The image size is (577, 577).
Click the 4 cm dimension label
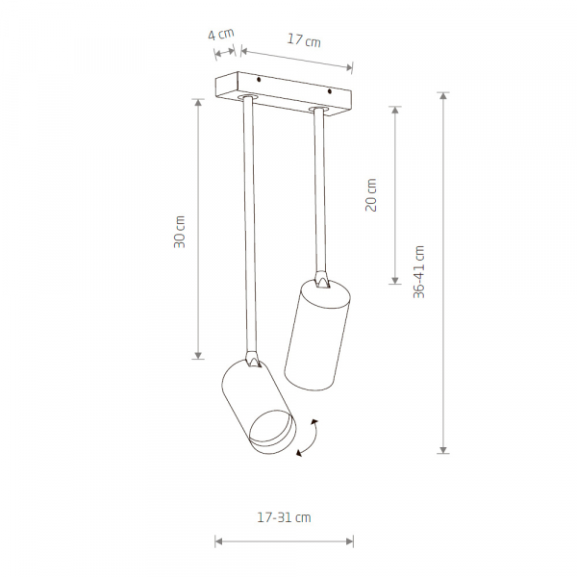(221, 35)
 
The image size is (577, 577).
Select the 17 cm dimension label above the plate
(304, 40)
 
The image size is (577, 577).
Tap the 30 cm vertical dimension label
(180, 232)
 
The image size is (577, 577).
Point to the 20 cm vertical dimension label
(371, 194)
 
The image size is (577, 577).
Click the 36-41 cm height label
(418, 271)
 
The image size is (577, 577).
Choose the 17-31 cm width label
(284, 517)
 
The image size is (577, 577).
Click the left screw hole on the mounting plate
(259, 80)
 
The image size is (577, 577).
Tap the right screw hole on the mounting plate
(330, 91)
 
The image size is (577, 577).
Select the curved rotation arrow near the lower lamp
(309, 438)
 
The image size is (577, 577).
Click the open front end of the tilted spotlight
(273, 431)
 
